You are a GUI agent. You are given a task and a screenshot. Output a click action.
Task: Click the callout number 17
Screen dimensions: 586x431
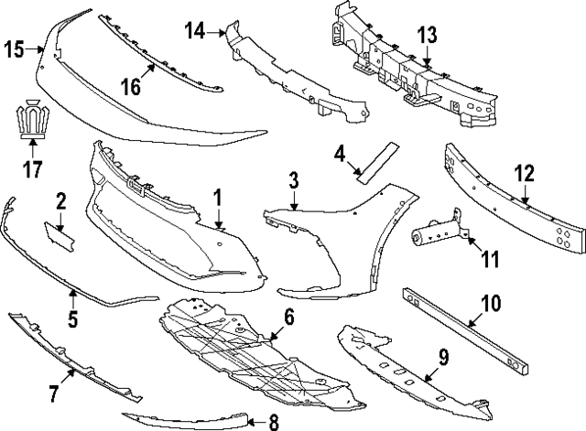[x=33, y=169]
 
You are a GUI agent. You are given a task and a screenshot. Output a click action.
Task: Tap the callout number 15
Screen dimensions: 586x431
[x=14, y=49]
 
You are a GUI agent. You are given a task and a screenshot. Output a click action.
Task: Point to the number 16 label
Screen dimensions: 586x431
[x=131, y=87]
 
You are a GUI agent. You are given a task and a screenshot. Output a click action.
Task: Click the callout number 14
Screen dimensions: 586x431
[x=195, y=30]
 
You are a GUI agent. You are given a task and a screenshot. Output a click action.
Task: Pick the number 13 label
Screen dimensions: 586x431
[x=427, y=35]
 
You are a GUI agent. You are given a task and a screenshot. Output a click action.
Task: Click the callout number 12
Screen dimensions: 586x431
[x=525, y=174]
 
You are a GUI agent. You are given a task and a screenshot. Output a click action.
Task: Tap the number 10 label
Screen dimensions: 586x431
[x=491, y=303]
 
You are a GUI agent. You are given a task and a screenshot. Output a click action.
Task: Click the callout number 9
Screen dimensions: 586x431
[x=443, y=358]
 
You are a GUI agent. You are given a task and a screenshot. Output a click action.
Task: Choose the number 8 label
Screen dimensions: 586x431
[x=274, y=423]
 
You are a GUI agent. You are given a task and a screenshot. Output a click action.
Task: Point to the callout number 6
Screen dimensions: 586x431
[x=289, y=317]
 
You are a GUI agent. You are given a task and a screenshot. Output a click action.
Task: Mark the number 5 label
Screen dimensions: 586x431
[x=73, y=319]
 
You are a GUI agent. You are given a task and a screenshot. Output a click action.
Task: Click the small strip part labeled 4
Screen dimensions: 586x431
[x=378, y=163]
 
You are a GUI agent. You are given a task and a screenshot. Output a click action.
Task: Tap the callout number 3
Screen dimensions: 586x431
[x=294, y=180]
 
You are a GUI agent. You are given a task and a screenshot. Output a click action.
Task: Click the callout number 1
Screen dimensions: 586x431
[x=218, y=198]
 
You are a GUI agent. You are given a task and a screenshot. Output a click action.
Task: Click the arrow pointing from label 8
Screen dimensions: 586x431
[x=256, y=423]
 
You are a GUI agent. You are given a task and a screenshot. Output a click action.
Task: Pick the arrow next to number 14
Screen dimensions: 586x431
[x=216, y=33]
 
